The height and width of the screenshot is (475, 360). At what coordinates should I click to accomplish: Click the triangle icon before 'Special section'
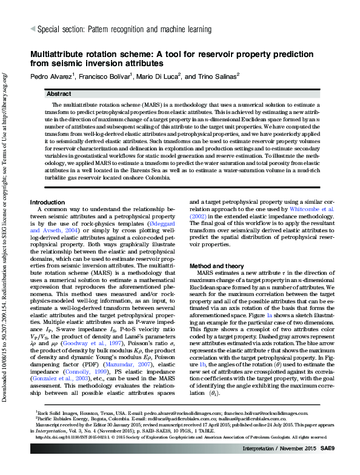pos(32,29)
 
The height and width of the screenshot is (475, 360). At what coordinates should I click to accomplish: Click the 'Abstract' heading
pos(59,95)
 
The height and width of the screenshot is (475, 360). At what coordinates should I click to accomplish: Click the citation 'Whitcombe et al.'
pos(311,208)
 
